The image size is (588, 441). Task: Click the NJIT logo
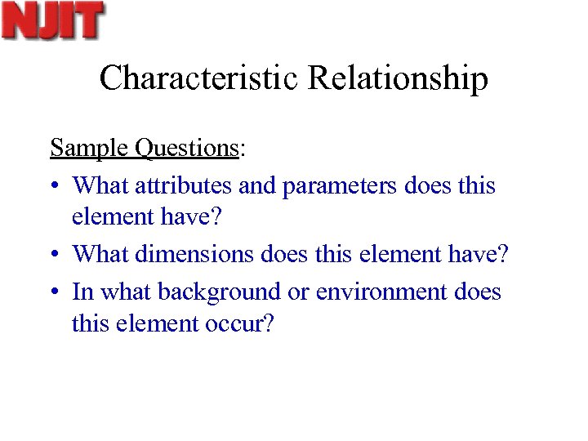pyautogui.click(x=54, y=20)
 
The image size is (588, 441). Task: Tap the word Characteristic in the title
pyautogui.click(x=199, y=78)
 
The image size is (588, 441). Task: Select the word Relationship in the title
pyautogui.click(x=399, y=78)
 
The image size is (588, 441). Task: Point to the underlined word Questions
pyautogui.click(x=186, y=148)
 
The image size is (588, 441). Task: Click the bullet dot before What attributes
pyautogui.click(x=55, y=187)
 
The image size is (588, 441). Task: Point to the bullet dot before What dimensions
pyautogui.click(x=55, y=255)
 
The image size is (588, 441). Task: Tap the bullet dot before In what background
pyautogui.click(x=55, y=292)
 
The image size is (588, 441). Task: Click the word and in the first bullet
pyautogui.click(x=257, y=186)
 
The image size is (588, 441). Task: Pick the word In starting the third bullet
pyautogui.click(x=82, y=292)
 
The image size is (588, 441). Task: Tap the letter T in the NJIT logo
pyautogui.click(x=91, y=20)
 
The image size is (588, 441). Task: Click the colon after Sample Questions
pyautogui.click(x=242, y=149)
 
